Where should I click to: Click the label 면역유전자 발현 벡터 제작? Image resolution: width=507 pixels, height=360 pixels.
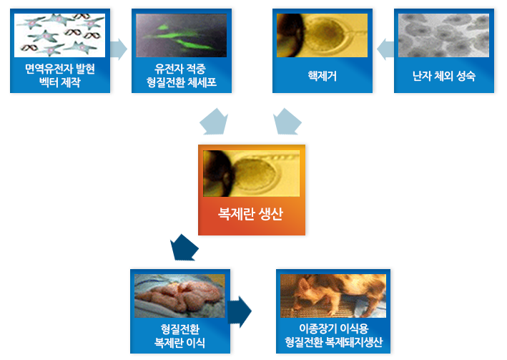point(60,75)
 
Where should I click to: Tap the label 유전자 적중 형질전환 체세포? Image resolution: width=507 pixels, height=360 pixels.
point(182,75)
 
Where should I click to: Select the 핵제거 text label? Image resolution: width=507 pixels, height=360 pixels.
point(323,76)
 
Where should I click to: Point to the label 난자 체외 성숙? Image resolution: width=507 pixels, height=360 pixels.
point(444,76)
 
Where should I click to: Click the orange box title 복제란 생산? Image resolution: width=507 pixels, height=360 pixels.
point(250,214)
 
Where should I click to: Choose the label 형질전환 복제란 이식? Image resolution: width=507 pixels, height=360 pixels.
point(180,336)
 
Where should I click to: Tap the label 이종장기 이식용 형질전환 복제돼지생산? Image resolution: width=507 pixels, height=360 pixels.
point(334,336)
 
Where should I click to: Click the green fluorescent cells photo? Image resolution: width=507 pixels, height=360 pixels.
point(182,35)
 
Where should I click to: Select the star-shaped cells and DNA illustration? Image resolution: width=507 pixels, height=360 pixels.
point(60,35)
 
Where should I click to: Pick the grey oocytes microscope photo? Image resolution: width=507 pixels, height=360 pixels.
point(444,35)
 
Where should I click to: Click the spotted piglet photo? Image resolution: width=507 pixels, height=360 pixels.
point(333,296)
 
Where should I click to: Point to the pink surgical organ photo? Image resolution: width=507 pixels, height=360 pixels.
point(179,296)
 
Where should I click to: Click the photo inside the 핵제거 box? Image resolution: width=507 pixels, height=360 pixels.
point(323,35)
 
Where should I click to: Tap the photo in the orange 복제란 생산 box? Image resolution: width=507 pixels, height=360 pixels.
point(251,173)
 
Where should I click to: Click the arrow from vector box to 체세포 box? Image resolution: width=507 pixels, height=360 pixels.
point(118,49)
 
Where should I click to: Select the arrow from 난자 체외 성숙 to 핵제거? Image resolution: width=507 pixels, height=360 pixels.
point(385,49)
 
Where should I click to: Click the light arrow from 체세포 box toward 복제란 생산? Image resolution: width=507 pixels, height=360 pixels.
point(214,122)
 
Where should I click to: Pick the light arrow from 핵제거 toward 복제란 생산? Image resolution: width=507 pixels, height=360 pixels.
point(287,122)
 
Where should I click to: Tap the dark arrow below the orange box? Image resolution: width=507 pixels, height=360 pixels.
point(184,248)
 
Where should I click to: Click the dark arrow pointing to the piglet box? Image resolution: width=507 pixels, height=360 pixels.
point(240,312)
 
